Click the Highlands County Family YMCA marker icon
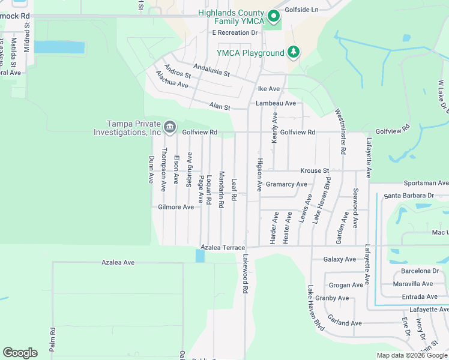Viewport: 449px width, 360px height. (x=274, y=16)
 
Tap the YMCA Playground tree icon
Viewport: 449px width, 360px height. (x=293, y=52)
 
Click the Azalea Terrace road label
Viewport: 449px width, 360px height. (x=223, y=247)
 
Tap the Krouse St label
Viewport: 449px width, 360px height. (x=315, y=170)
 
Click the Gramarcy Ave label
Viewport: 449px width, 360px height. (x=286, y=184)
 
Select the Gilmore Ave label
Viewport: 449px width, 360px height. (x=176, y=207)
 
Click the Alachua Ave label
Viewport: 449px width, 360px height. (x=172, y=81)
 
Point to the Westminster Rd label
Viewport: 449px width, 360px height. (x=340, y=131)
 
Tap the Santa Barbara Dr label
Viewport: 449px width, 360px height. (x=409, y=196)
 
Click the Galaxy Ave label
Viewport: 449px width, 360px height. (x=339, y=259)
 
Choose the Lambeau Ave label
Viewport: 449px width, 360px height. (x=276, y=103)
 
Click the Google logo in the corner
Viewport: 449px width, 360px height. (x=20, y=353)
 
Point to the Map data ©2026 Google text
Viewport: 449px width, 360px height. (x=412, y=355)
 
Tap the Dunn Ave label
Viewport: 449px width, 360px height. (x=151, y=170)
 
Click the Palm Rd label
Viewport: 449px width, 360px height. (x=53, y=339)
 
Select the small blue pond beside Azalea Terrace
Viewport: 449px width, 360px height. (x=200, y=256)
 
